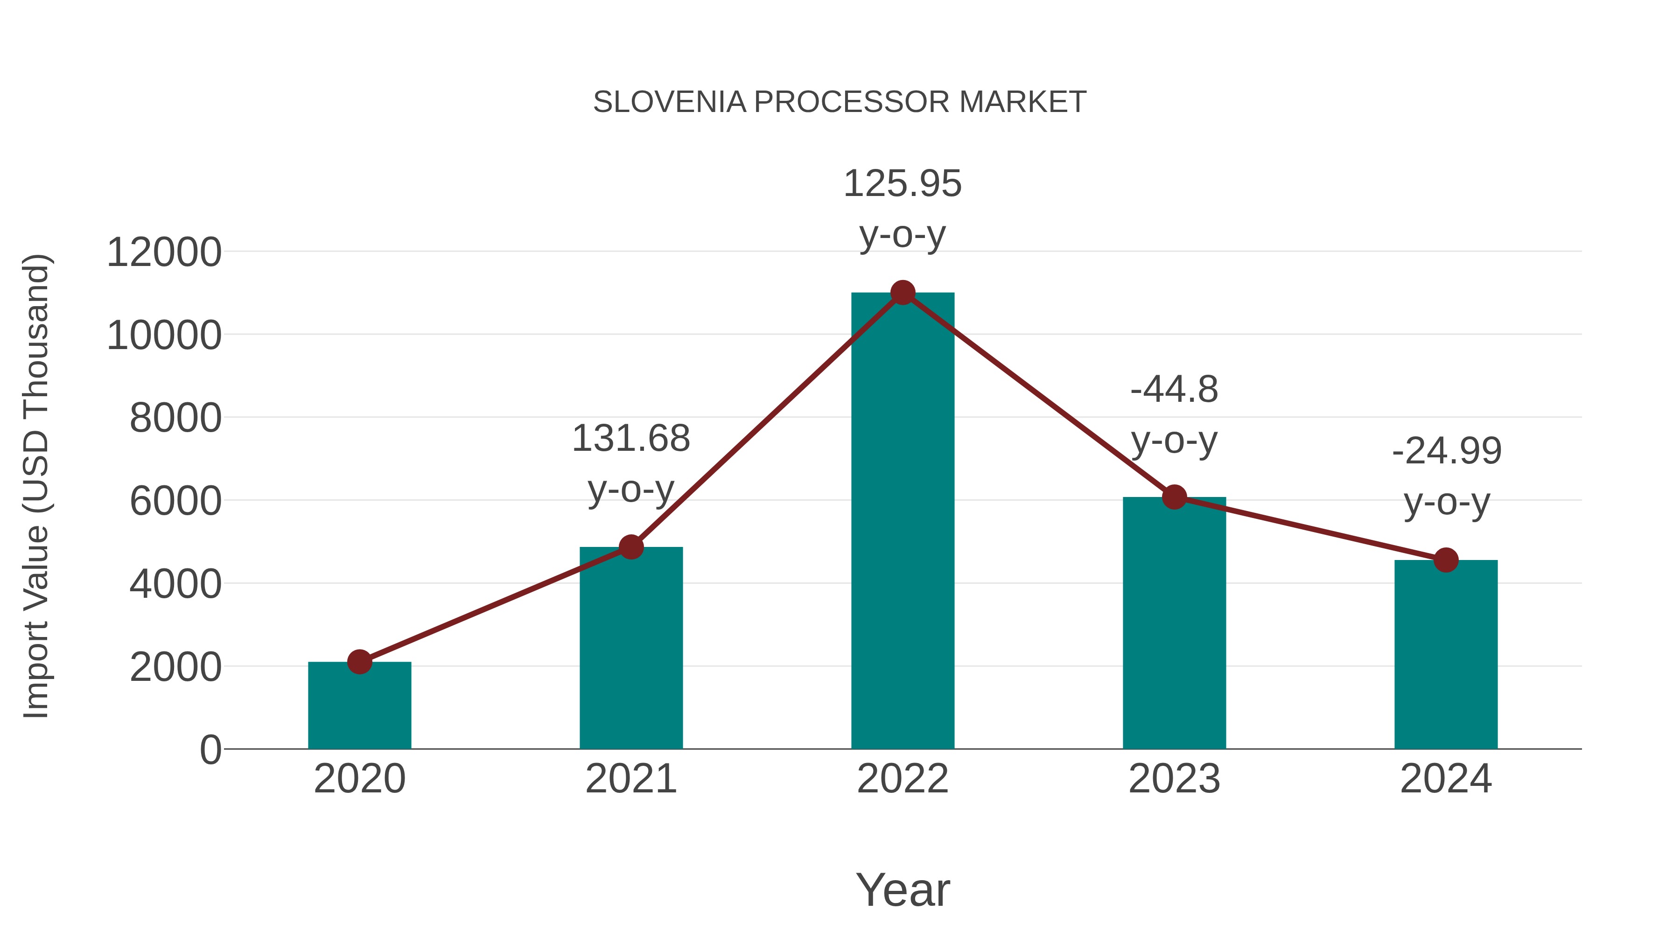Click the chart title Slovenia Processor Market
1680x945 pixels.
[x=840, y=102]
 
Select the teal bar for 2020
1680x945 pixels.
[x=359, y=707]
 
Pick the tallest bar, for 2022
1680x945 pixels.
[x=903, y=522]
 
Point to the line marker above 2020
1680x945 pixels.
[x=359, y=662]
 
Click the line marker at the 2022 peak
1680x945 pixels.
[x=903, y=293]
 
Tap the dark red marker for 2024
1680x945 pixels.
[x=1446, y=560]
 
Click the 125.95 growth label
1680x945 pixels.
[x=903, y=184]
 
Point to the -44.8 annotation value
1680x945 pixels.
[x=1174, y=390]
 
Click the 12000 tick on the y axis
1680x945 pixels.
[x=164, y=252]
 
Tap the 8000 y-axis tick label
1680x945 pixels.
[x=175, y=418]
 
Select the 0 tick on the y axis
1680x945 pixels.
[x=210, y=750]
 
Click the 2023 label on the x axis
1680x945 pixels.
[x=1174, y=779]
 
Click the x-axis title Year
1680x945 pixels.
[x=903, y=889]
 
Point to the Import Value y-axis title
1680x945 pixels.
[x=36, y=486]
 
